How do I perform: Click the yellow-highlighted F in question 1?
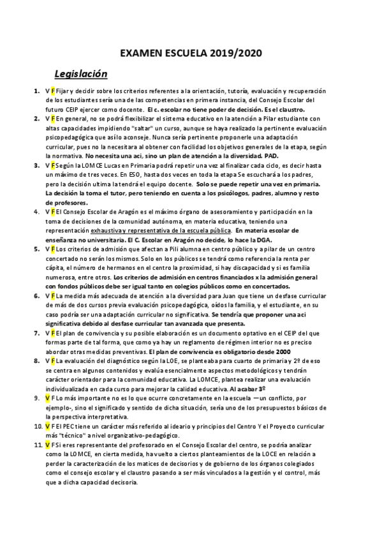click(x=54, y=91)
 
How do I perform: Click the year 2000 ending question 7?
click(x=283, y=351)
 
